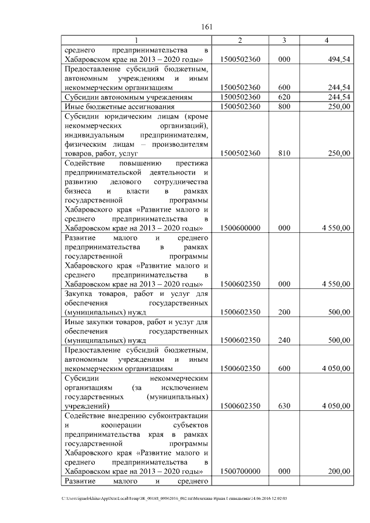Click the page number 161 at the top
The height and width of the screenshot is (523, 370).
point(208,27)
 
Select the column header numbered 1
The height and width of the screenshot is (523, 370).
point(136,40)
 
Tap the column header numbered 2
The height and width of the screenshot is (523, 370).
point(240,40)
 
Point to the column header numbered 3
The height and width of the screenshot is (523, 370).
point(284,40)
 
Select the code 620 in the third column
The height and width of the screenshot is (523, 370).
point(284,97)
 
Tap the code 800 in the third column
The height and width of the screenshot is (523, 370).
point(284,107)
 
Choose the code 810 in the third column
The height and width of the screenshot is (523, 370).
point(284,153)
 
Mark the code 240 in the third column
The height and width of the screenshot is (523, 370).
point(284,340)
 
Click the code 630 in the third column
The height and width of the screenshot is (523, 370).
point(284,406)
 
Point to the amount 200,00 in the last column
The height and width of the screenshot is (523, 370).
point(338,472)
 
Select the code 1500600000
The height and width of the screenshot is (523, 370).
point(240,228)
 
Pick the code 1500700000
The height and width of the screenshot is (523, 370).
point(240,472)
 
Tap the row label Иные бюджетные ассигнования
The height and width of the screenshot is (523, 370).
point(113,107)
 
